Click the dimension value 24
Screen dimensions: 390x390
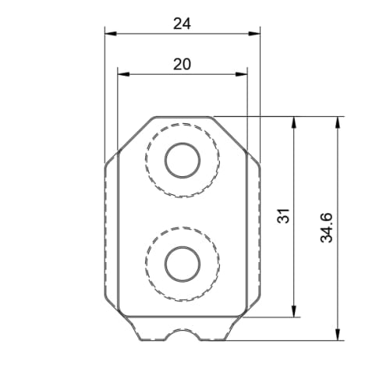click(x=182, y=23)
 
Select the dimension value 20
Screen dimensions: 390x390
click(x=182, y=65)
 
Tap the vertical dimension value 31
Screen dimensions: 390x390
click(x=283, y=216)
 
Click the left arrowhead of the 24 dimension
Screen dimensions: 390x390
click(x=109, y=34)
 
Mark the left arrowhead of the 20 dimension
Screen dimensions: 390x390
click(x=122, y=75)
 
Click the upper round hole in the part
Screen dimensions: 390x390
click(x=182, y=161)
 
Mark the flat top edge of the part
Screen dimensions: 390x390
click(x=182, y=116)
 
